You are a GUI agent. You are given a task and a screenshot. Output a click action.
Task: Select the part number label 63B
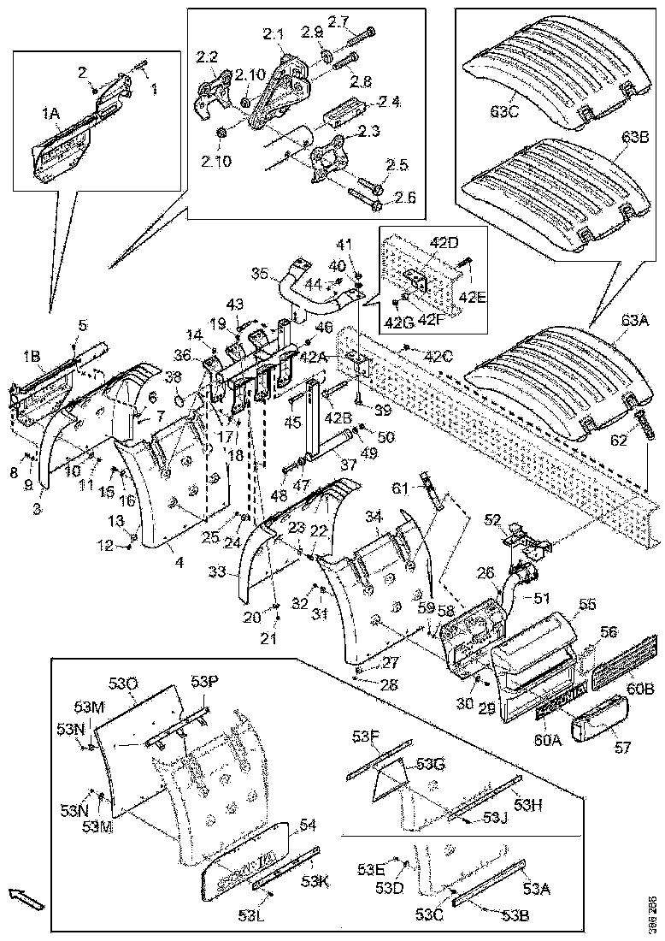[x=636, y=137]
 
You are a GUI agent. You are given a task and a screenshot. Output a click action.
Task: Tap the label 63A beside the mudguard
[x=636, y=320]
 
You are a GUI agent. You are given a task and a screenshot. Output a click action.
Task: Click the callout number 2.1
[x=273, y=34]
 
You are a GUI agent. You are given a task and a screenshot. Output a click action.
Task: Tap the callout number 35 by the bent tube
[x=260, y=274]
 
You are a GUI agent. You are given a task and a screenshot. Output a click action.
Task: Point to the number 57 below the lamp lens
[x=621, y=748]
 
